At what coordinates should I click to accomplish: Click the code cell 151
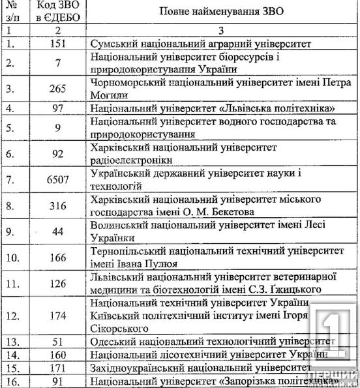pyautogui.click(x=59, y=44)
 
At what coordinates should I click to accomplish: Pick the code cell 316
pyautogui.click(x=59, y=206)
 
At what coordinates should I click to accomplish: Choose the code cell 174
pyautogui.click(x=59, y=315)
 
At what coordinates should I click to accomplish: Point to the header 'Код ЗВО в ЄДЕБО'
pyautogui.click(x=59, y=12)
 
